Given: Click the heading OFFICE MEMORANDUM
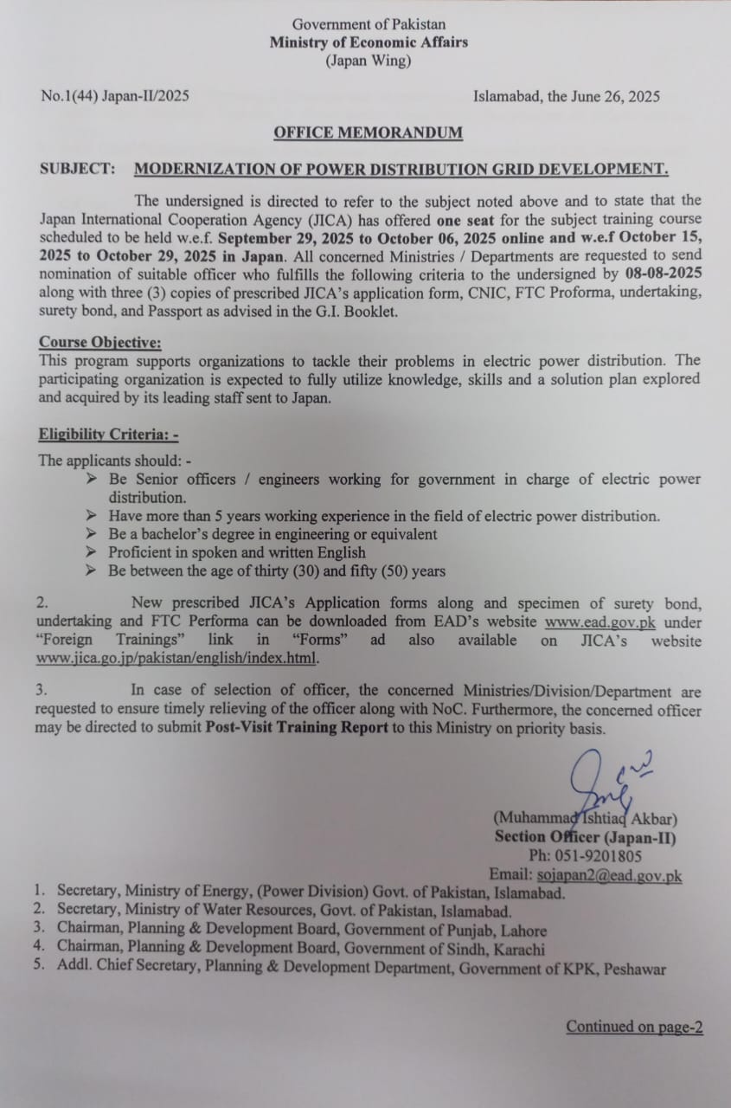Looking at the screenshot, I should (368, 132).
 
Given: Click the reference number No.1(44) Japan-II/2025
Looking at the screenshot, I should (115, 96).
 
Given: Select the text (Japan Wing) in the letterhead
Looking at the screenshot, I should (368, 61).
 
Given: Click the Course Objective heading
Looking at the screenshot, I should (99, 342).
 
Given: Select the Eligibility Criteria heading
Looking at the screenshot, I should (108, 435).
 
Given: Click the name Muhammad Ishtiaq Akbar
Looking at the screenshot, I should (585, 817).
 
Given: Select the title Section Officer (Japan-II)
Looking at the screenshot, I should (585, 837).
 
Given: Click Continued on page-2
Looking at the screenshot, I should (634, 1027).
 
